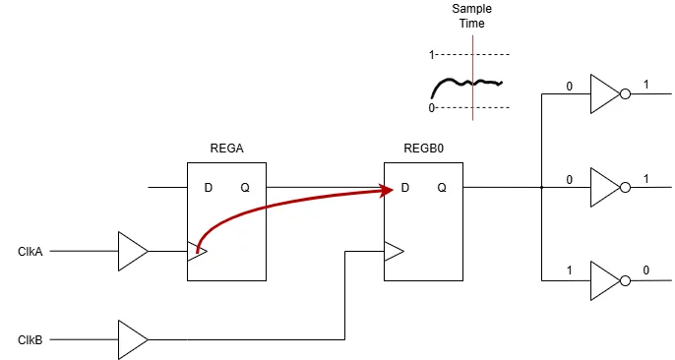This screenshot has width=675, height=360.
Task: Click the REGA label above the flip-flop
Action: [226, 150]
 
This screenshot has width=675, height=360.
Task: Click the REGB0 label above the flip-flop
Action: [423, 150]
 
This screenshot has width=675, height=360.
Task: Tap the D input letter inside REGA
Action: [208, 187]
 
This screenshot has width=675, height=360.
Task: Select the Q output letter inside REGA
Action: [244, 187]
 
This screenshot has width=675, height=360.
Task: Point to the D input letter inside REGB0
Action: [404, 187]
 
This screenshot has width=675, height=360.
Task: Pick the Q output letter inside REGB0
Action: [442, 187]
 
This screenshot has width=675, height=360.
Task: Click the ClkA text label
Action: [31, 252]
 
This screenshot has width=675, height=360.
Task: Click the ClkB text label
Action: [31, 339]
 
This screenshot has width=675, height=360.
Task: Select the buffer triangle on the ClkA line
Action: [131, 252]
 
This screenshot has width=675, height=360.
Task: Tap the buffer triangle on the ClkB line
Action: [131, 339]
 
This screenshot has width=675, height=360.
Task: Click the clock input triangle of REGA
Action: [197, 252]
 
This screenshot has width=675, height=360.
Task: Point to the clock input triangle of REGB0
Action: [394, 252]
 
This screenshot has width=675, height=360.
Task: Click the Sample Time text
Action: [471, 16]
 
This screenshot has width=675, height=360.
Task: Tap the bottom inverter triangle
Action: [603, 280]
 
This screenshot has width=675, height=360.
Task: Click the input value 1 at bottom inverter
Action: [569, 270]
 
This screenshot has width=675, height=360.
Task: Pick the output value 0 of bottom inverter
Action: [645, 270]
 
